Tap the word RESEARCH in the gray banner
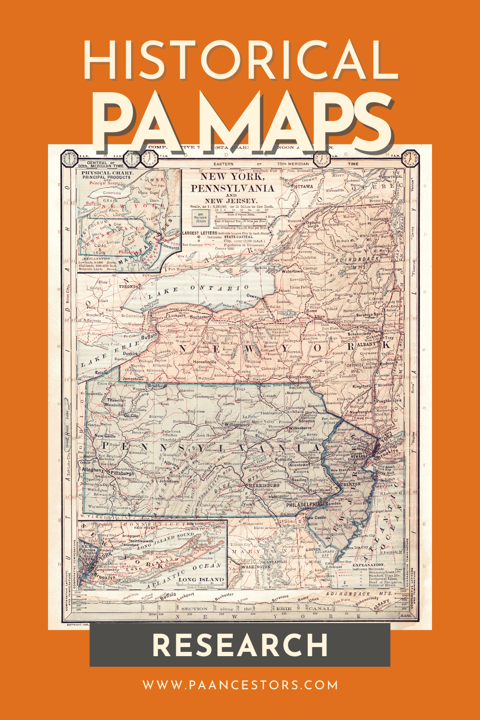[240, 645]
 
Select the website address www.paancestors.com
[240, 684]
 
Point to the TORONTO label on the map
[129, 287]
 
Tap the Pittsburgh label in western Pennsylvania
[122, 473]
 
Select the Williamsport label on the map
[237, 424]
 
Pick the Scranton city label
[307, 421]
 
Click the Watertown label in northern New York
[292, 271]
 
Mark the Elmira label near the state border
[242, 381]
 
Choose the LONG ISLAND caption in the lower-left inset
[201, 579]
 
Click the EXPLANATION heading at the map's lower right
[368, 565]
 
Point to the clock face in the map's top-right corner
[410, 157]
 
